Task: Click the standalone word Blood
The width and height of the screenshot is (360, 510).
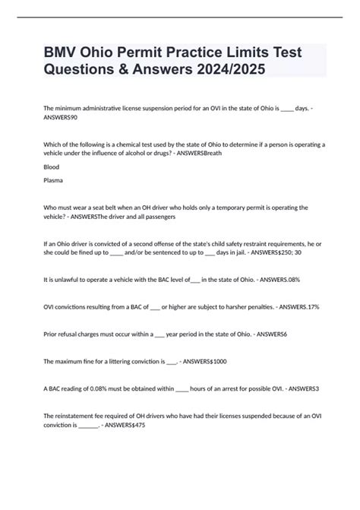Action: [x=52, y=166]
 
